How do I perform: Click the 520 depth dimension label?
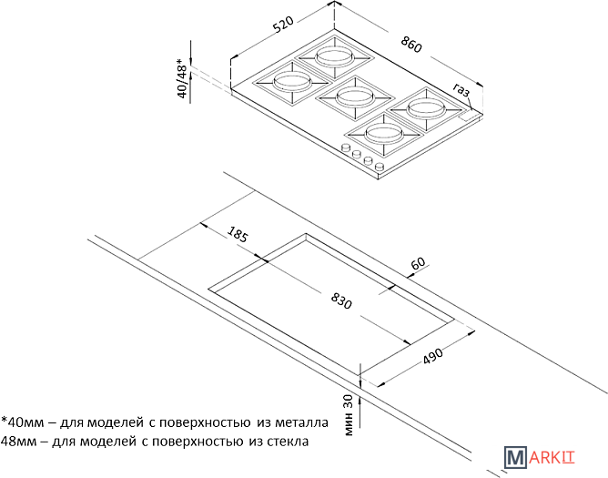(283, 25)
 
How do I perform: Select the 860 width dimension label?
(411, 45)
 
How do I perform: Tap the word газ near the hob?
(461, 90)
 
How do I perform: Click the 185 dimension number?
(238, 234)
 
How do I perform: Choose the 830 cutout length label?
(341, 300)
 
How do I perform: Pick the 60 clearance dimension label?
(418, 263)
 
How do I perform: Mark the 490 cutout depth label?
(432, 356)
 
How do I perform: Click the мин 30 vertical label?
(349, 415)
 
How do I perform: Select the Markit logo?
(540, 457)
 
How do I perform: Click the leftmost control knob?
(344, 147)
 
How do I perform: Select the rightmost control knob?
(380, 168)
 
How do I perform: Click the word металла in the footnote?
(301, 422)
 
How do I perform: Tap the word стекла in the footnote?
(289, 442)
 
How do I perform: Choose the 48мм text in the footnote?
(18, 442)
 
